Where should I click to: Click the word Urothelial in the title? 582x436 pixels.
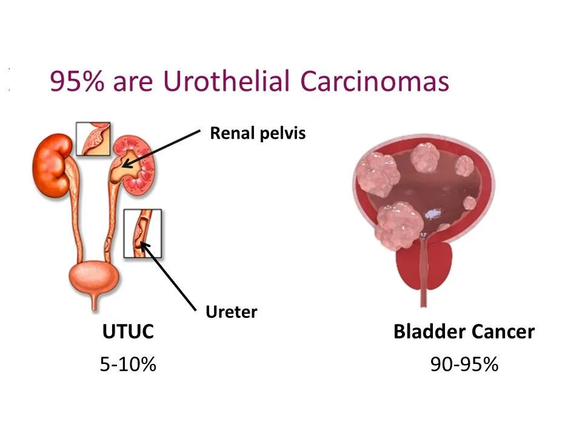point(226,81)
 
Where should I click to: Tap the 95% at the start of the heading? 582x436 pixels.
point(77,81)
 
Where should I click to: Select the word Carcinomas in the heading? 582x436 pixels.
point(375,81)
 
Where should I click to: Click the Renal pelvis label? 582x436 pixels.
point(258,133)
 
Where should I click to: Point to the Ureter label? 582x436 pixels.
point(231,312)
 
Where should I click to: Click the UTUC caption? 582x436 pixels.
point(128,331)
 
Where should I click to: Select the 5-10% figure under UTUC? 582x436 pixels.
point(128,364)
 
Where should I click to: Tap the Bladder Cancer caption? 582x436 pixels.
point(464,331)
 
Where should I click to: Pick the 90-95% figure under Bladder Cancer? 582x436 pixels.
point(464,364)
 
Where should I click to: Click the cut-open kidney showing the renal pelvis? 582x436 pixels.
point(133,163)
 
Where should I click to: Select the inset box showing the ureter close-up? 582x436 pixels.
point(142,234)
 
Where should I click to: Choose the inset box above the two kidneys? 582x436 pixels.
point(93,139)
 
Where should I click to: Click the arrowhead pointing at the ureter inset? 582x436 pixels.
point(145,247)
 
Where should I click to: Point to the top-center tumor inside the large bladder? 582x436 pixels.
point(426,157)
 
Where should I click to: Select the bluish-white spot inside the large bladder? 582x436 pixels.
point(433,214)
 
